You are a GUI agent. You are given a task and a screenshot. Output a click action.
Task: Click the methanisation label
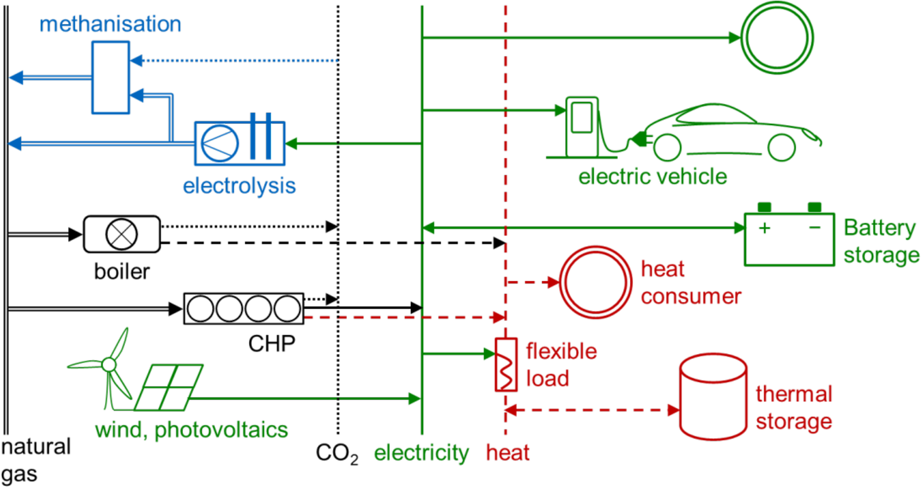coord(110,25)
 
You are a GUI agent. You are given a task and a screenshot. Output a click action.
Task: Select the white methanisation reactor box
coord(111,78)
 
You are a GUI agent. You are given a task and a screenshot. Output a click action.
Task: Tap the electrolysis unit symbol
coord(240,143)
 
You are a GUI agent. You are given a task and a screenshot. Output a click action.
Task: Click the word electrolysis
coord(239,186)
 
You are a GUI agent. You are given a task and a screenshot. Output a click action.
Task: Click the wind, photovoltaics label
coord(191,431)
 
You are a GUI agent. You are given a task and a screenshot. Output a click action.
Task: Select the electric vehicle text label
coord(652,176)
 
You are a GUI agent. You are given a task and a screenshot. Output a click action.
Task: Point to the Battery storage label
coord(881,242)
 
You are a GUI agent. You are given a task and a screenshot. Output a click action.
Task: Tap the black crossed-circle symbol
coord(122,234)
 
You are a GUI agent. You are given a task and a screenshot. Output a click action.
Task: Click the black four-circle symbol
coord(243,309)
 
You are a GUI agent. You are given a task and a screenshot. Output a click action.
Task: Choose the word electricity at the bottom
coord(421,453)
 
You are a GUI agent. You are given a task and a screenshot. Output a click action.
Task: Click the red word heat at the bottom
coord(508,453)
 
